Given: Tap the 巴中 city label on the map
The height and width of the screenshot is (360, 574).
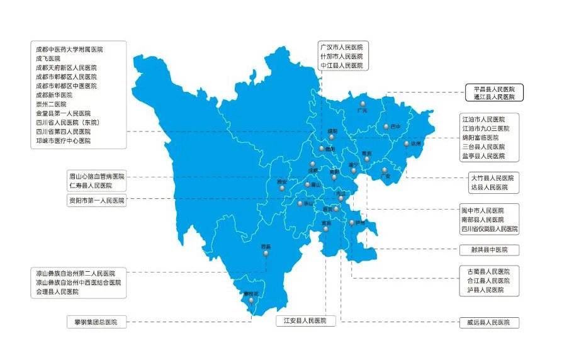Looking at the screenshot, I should click(395, 127).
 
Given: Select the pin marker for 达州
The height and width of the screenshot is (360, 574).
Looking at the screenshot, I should click(406, 143).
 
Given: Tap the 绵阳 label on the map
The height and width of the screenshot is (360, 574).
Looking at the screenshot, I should click(332, 131).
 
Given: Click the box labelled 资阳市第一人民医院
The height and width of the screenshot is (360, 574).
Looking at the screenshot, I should click(97, 201).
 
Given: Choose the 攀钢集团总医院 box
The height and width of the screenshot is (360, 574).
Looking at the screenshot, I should click(97, 322).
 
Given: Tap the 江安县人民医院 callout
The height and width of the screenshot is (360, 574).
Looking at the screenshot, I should click(305, 321).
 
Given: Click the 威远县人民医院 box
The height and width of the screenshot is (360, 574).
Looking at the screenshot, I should click(490, 323).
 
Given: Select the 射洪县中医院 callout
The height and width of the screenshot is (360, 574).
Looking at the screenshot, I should click(490, 250).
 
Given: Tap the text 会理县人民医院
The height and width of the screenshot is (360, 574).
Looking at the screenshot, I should click(57, 292).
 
